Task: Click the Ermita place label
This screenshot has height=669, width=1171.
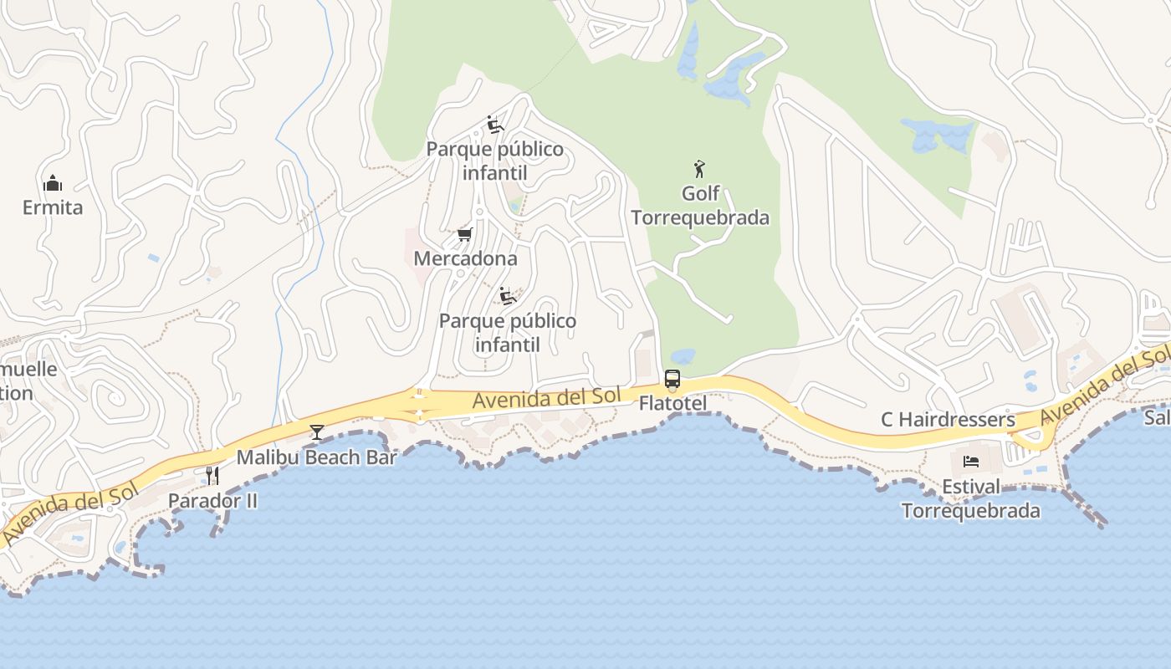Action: (x=53, y=207)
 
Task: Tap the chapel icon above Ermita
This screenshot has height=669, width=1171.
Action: (x=53, y=183)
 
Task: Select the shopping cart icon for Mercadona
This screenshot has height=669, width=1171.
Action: (x=465, y=235)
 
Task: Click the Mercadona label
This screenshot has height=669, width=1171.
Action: (x=465, y=258)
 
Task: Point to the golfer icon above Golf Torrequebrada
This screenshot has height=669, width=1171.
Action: (x=699, y=169)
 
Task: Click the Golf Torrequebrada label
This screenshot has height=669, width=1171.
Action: (x=700, y=206)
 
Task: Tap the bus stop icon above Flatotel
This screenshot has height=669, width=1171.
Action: (x=672, y=379)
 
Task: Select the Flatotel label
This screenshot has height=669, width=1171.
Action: (x=672, y=403)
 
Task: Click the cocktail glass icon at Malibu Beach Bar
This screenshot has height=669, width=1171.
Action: (x=317, y=432)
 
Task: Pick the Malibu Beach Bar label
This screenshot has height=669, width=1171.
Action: (x=316, y=457)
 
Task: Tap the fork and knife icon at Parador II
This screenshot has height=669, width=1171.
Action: (x=212, y=476)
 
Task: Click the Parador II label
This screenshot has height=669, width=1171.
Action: (x=212, y=500)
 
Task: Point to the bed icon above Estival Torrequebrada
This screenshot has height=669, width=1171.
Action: (x=971, y=462)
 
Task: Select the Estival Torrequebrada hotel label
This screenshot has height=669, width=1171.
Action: (x=971, y=498)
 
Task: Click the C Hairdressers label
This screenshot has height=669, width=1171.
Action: (x=948, y=419)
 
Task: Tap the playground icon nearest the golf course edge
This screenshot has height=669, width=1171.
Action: (x=494, y=125)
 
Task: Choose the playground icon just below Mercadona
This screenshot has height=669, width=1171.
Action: (x=507, y=296)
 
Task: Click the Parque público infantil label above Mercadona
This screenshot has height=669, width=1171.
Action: (x=495, y=161)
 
